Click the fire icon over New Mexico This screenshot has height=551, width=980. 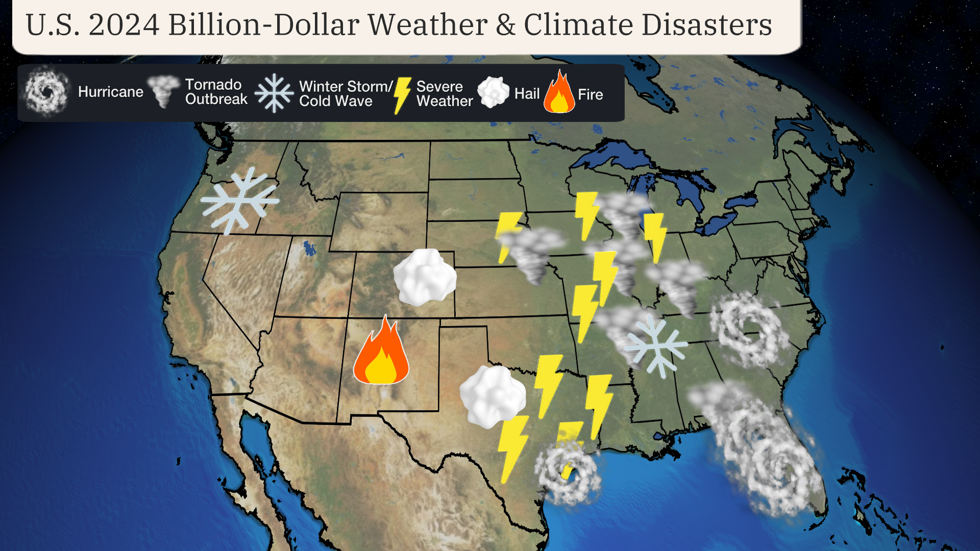[381, 352]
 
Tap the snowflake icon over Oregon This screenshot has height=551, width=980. [239, 201]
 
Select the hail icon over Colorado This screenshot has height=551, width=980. [425, 277]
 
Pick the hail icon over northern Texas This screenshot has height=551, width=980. [492, 396]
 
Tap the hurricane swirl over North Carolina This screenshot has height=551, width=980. [748, 329]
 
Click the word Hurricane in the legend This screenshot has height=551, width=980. [111, 92]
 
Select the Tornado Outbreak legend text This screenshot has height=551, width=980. [216, 92]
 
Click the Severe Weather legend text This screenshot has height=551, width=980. [445, 93]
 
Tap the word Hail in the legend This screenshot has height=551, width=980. [527, 94]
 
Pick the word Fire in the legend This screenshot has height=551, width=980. [590, 94]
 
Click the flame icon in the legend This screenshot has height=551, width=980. [559, 93]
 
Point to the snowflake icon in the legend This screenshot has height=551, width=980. [274, 93]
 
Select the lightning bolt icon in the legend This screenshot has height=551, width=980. [402, 94]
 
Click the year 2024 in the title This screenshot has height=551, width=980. [124, 24]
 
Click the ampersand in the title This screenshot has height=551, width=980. [505, 24]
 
